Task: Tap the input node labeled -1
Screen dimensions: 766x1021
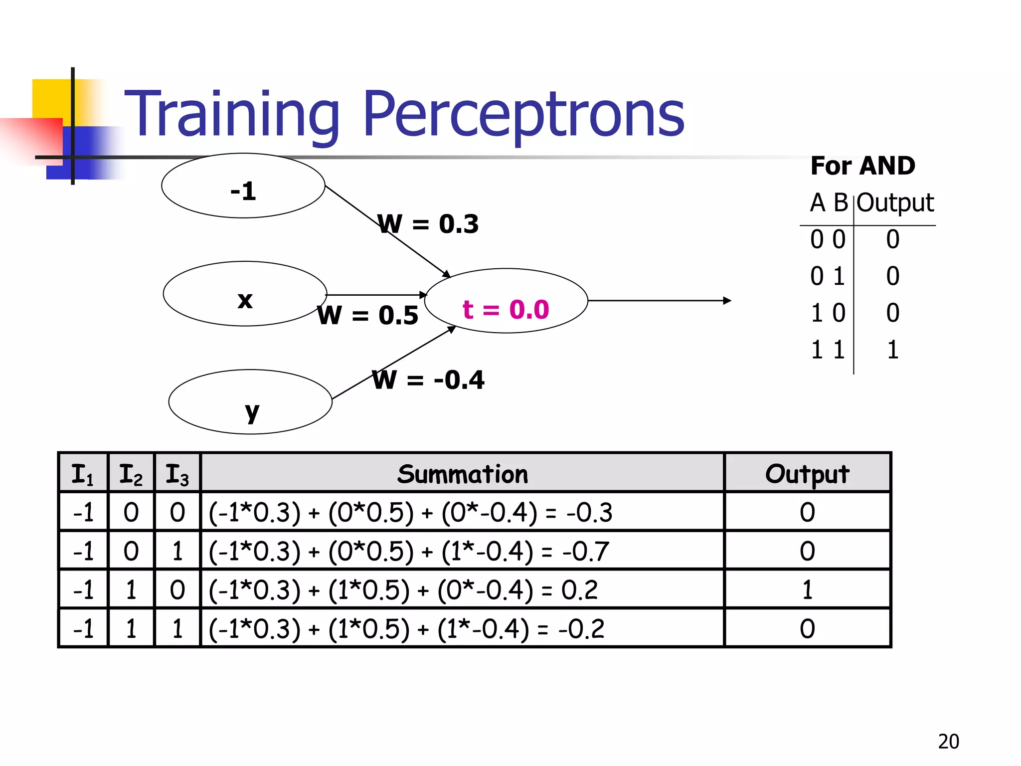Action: coord(243,186)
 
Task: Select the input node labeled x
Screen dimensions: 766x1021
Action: coord(244,294)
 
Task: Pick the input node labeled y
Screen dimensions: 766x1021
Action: coord(250,402)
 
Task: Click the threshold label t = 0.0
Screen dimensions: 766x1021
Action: coord(506,310)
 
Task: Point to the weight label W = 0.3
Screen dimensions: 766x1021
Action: coord(428,224)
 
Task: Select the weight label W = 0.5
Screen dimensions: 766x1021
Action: coord(368,315)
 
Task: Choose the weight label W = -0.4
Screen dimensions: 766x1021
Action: coord(428,380)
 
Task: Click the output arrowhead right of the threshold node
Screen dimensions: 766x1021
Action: coord(727,301)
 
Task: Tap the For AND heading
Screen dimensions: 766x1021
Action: coord(862,166)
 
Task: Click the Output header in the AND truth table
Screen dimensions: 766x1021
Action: coord(895,203)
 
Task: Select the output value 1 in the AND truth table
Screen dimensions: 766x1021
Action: coord(892,350)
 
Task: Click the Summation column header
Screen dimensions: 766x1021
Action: coord(462,474)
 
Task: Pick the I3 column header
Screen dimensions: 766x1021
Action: coord(177,474)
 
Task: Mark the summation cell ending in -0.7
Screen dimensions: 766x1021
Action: coord(409,552)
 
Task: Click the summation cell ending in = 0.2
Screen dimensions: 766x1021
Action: coord(403,590)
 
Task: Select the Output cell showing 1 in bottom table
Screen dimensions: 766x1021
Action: coord(807,590)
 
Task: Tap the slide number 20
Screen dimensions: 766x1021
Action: coord(948,742)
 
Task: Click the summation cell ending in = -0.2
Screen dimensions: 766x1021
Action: coord(406,629)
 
